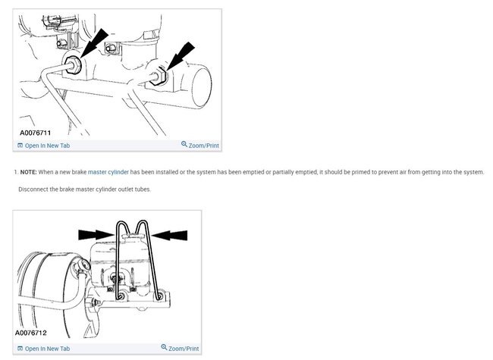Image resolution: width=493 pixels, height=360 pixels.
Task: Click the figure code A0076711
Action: click(x=35, y=133)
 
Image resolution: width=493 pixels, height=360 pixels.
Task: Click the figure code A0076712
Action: click(x=31, y=333)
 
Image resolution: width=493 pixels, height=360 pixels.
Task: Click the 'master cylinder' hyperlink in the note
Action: click(x=108, y=172)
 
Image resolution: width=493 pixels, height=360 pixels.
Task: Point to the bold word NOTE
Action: click(x=28, y=172)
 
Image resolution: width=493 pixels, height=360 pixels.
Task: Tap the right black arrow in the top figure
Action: click(x=181, y=56)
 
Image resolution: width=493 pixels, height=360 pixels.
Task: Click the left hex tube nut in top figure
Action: click(x=74, y=65)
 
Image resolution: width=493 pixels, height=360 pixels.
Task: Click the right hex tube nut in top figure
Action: click(x=158, y=75)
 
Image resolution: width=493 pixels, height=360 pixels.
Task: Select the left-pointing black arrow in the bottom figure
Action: click(x=169, y=235)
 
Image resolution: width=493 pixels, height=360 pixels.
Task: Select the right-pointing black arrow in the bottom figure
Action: click(x=96, y=235)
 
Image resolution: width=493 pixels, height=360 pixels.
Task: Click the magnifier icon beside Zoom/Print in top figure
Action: click(x=184, y=144)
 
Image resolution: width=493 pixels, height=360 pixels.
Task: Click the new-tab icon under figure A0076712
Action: click(x=20, y=349)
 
